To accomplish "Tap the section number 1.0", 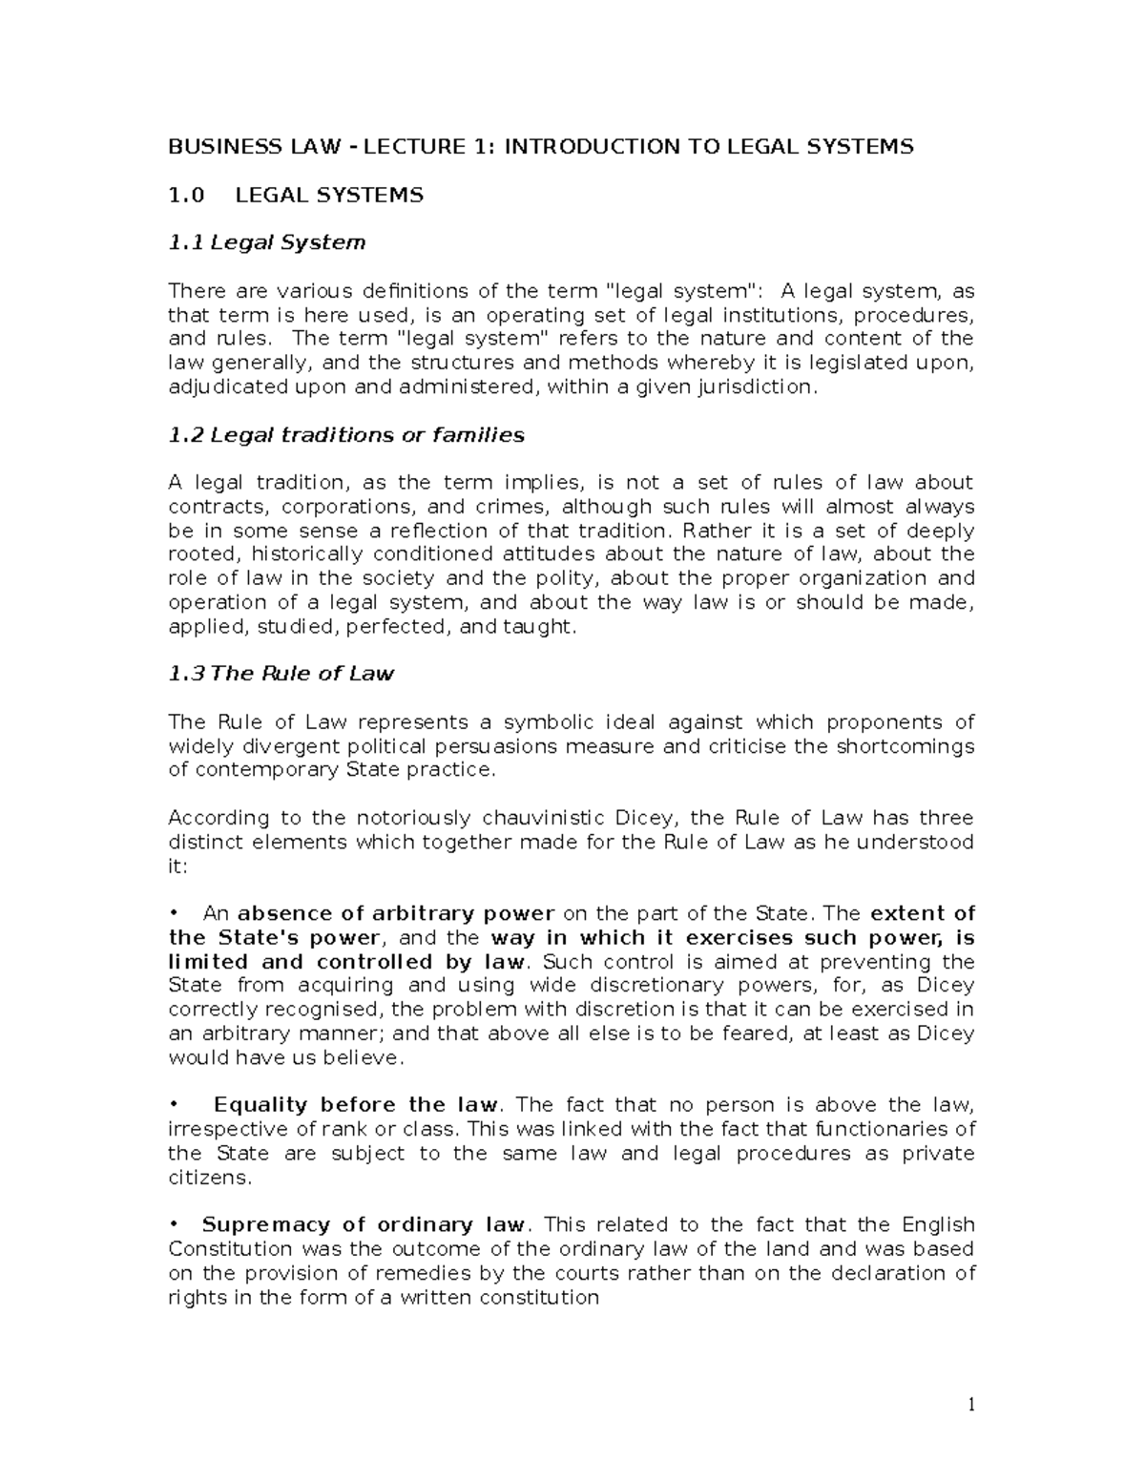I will [x=187, y=195].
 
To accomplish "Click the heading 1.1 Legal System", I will [x=266, y=242].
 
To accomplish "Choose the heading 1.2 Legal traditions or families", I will [x=346, y=435].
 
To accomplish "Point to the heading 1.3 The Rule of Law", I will [x=281, y=674].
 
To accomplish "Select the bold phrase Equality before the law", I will [x=355, y=1105].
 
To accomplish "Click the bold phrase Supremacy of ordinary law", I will [x=363, y=1225].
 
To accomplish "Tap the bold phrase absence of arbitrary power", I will [x=396, y=913].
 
